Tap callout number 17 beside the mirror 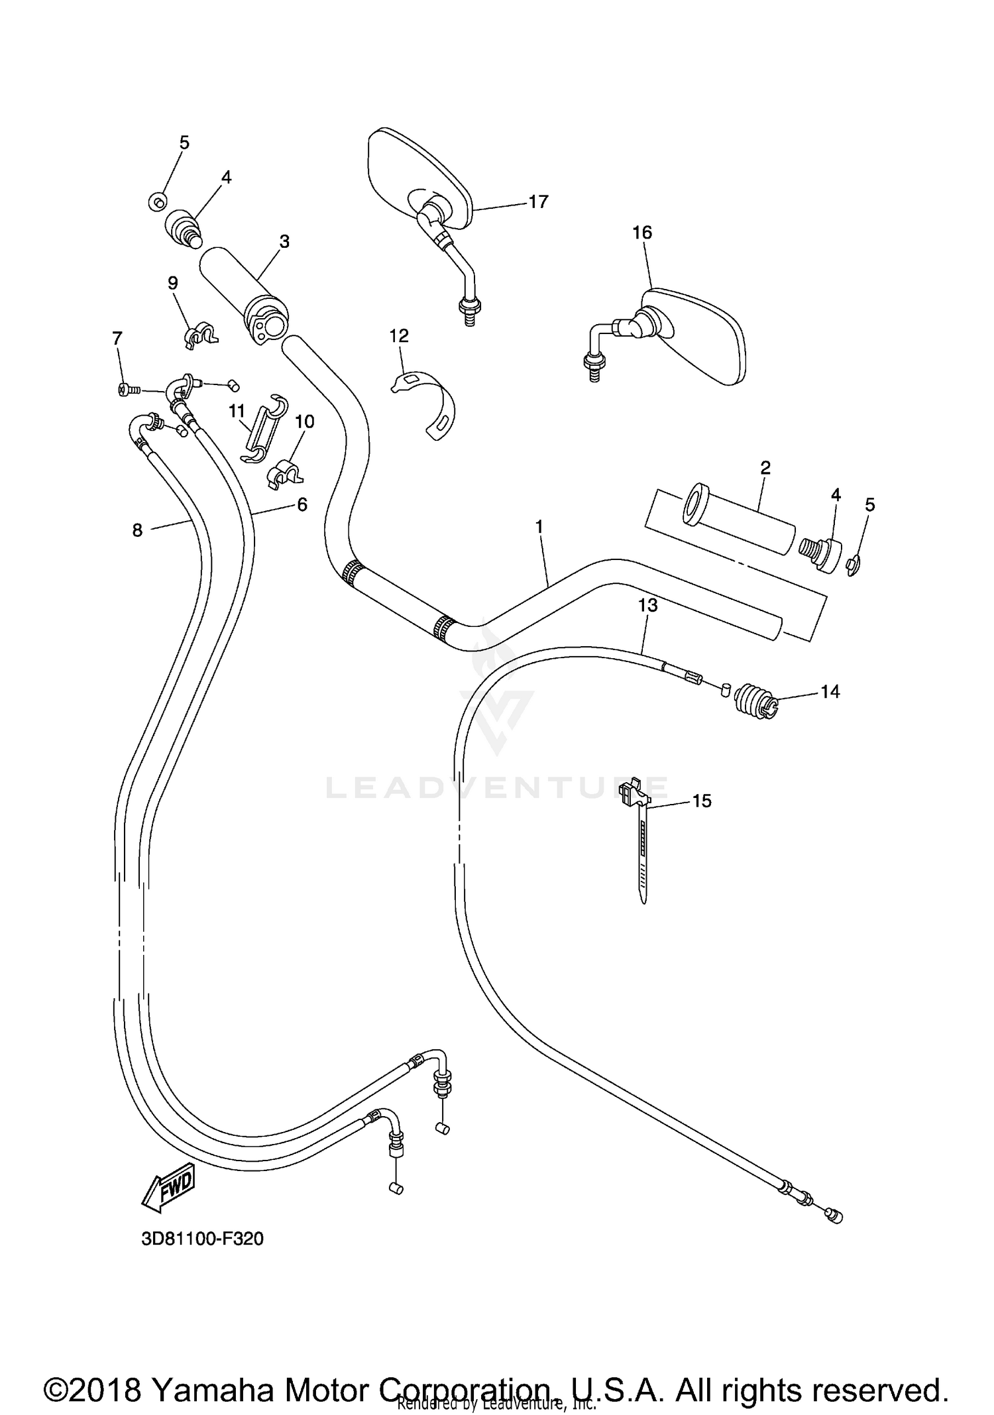coord(538,201)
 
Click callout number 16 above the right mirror coord(641,233)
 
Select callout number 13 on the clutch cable coord(647,604)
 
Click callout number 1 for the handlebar coord(539,526)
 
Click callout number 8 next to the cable coord(137,530)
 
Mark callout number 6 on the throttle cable coord(302,505)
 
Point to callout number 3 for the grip coord(284,242)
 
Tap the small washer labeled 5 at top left coord(157,200)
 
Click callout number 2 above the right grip coord(765,468)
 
